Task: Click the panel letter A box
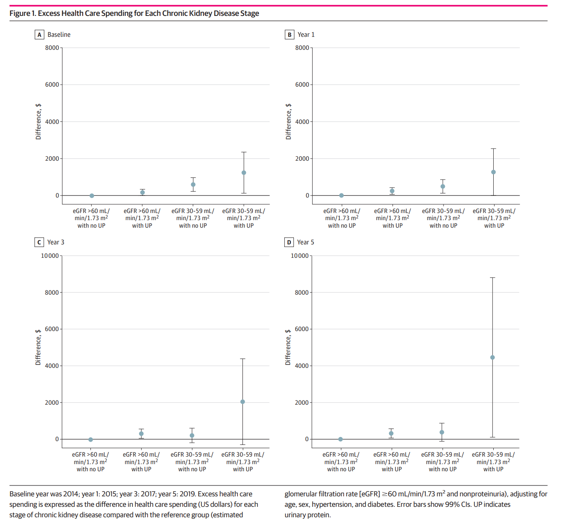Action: pyautogui.click(x=39, y=35)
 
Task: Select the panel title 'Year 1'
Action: pyautogui.click(x=306, y=35)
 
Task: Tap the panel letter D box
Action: pyautogui.click(x=289, y=242)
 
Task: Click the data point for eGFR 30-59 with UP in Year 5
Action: pyautogui.click(x=492, y=357)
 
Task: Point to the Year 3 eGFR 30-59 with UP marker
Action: pyautogui.click(x=242, y=402)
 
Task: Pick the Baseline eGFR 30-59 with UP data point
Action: pyautogui.click(x=244, y=172)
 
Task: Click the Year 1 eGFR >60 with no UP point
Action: pyautogui.click(x=342, y=195)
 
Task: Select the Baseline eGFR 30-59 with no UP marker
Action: pyautogui.click(x=193, y=185)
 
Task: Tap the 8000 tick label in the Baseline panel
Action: pyautogui.click(x=52, y=48)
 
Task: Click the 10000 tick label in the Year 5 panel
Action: pyautogui.click(x=300, y=256)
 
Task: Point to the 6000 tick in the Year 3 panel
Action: pyautogui.click(x=52, y=329)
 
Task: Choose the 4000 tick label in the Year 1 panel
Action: pyautogui.click(x=302, y=122)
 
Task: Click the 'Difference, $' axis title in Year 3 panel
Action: pyautogui.click(x=38, y=347)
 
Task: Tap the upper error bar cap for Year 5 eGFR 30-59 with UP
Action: pyautogui.click(x=492, y=277)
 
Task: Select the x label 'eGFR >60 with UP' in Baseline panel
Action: pyautogui.click(x=142, y=218)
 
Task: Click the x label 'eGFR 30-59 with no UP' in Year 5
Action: pyautogui.click(x=442, y=462)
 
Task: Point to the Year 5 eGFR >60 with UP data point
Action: pyautogui.click(x=391, y=434)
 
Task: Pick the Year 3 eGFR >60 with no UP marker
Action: pyautogui.click(x=91, y=439)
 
